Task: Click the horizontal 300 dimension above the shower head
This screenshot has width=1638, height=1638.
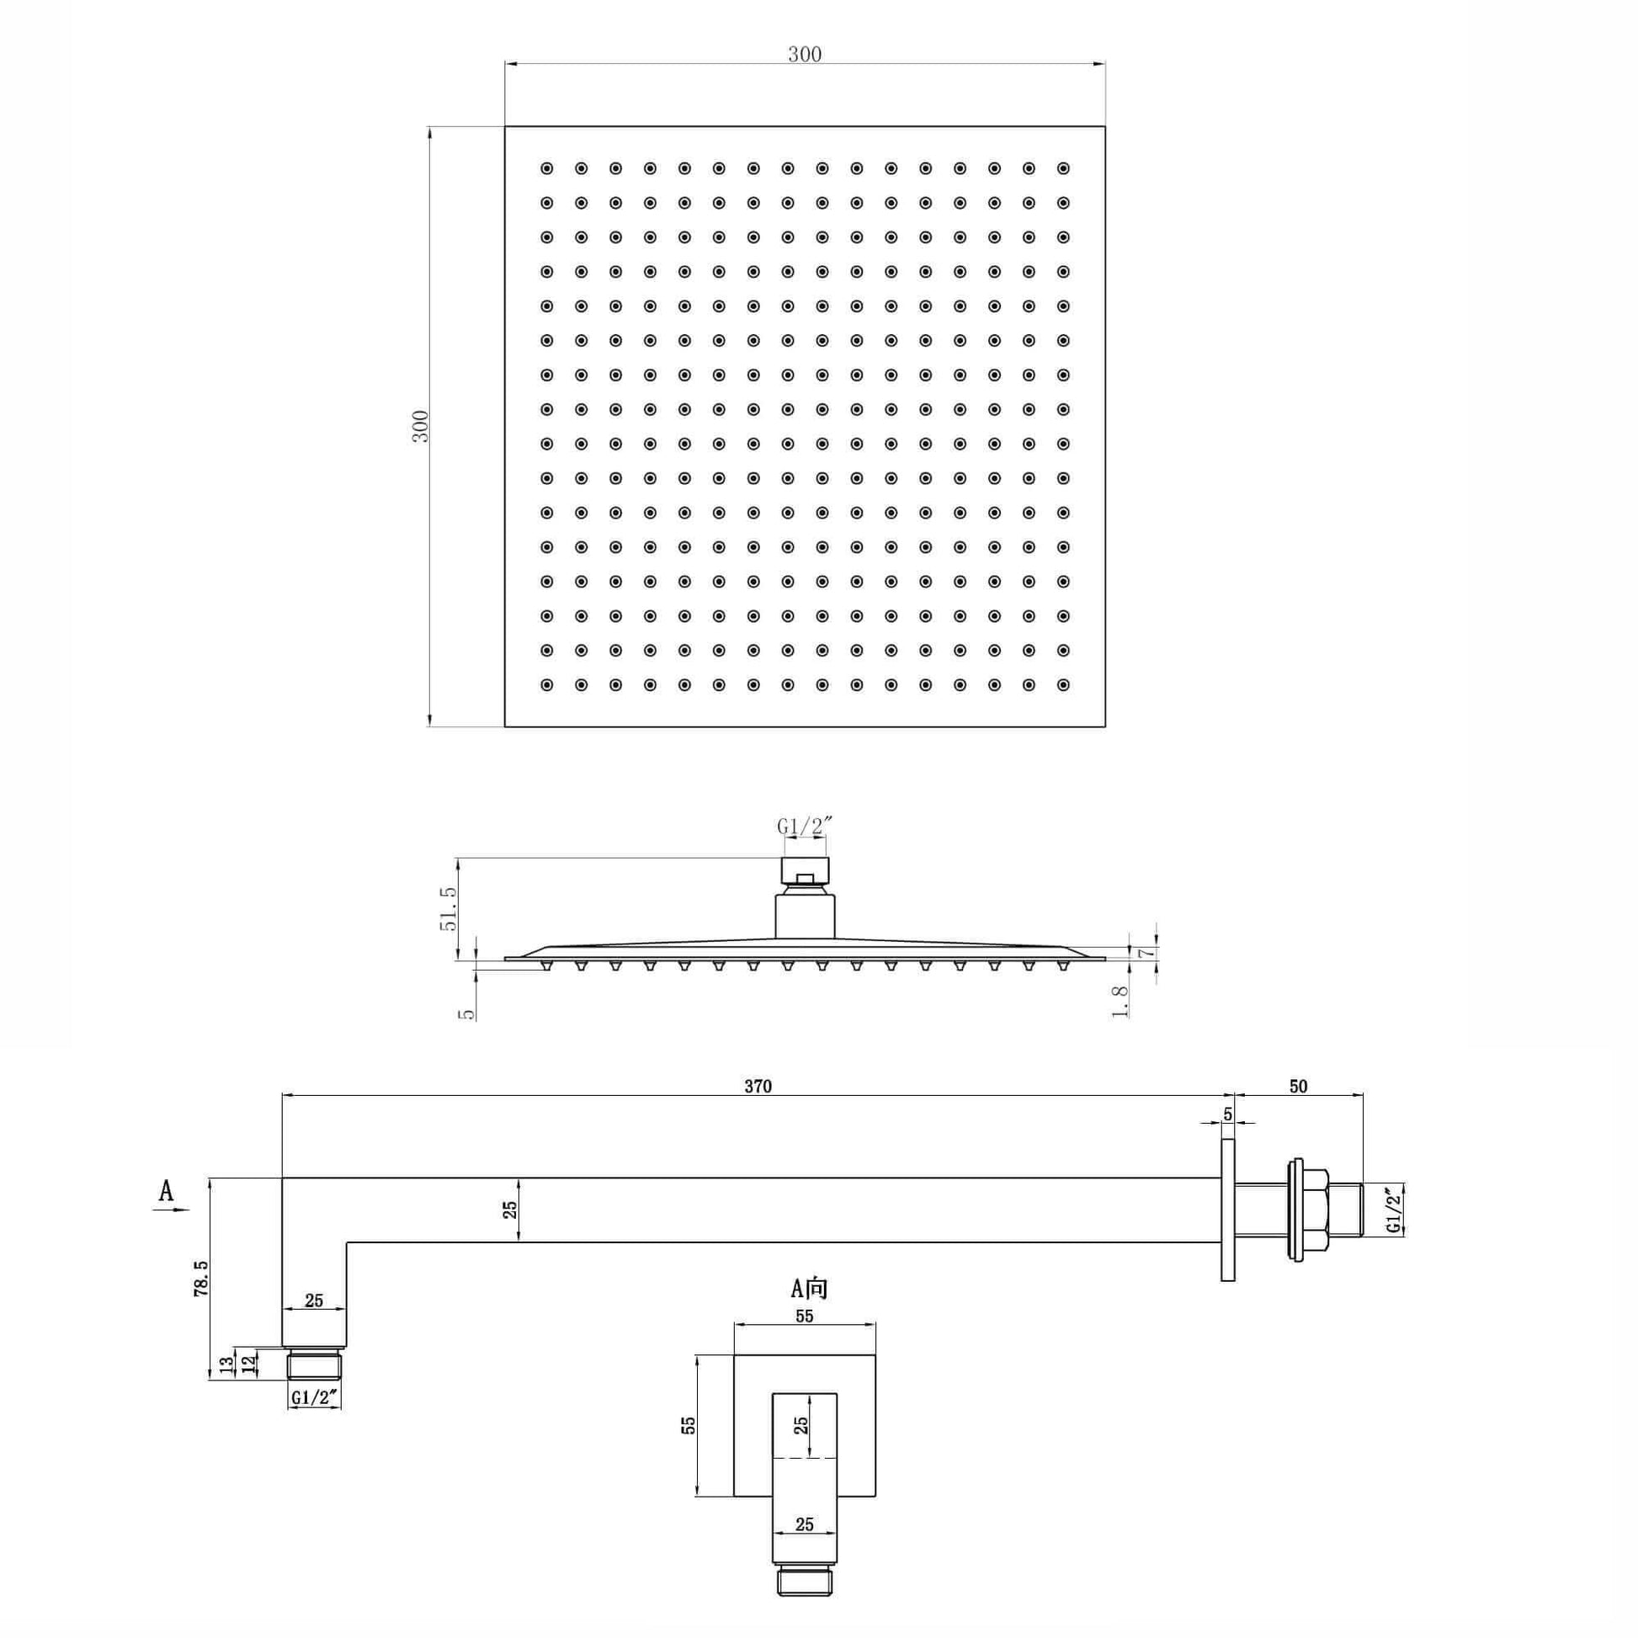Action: click(804, 55)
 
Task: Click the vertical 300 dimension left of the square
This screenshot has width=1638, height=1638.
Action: click(422, 426)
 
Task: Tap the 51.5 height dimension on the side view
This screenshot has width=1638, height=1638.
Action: click(449, 908)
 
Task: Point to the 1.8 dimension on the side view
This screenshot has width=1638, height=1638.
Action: click(1120, 1002)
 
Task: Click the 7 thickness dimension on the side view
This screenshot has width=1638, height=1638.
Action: click(1144, 953)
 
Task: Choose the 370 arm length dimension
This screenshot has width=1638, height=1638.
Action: click(757, 1086)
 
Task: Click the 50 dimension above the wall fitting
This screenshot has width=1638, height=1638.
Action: click(1298, 1086)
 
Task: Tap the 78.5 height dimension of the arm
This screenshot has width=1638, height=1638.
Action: click(202, 1278)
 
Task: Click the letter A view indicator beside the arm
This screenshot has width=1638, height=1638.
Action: click(166, 1191)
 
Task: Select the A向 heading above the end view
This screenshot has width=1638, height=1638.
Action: click(808, 1289)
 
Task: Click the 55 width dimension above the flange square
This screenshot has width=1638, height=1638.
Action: click(804, 1316)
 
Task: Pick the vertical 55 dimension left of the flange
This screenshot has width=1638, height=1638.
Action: click(689, 1425)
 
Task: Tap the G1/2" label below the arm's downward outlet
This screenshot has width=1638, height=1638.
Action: click(315, 1397)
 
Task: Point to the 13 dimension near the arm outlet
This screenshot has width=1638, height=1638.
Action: click(226, 1365)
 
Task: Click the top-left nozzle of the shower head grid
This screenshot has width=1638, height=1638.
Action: click(547, 168)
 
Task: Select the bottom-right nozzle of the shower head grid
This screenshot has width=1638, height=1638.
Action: click(1063, 685)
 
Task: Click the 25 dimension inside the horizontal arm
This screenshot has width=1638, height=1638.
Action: click(510, 1210)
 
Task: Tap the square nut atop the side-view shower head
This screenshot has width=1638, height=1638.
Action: click(805, 870)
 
